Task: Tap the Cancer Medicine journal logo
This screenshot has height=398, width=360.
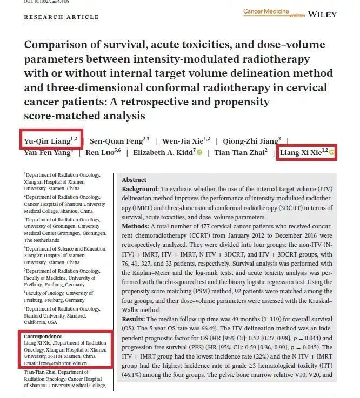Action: click(x=266, y=11)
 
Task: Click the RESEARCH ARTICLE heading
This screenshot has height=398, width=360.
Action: click(x=61, y=17)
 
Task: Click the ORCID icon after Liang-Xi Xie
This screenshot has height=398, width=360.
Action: click(x=331, y=153)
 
